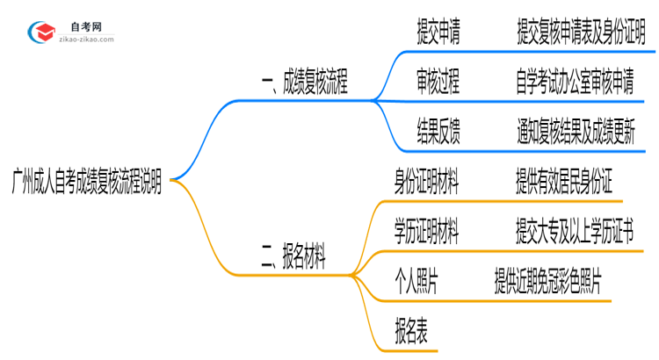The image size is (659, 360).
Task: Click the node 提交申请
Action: (438, 33)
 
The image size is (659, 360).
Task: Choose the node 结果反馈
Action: (438, 133)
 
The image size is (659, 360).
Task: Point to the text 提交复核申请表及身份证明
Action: (581, 33)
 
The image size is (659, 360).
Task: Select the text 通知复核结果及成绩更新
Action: (581, 133)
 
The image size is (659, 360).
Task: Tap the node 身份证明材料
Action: (426, 182)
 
